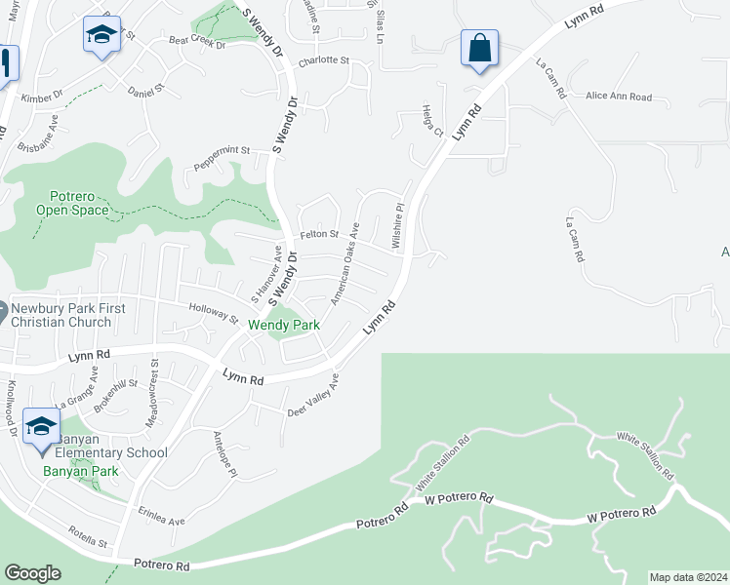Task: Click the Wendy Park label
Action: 284,325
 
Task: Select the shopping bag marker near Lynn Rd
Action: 479,48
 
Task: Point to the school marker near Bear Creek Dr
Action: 101,35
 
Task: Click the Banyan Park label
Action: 80,471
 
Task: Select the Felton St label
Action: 319,234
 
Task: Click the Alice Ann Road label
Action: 619,97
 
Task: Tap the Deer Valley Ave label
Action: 312,396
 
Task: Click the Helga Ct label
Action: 432,119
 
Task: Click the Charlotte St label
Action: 323,60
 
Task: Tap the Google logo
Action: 32,573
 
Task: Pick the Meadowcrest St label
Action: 155,381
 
